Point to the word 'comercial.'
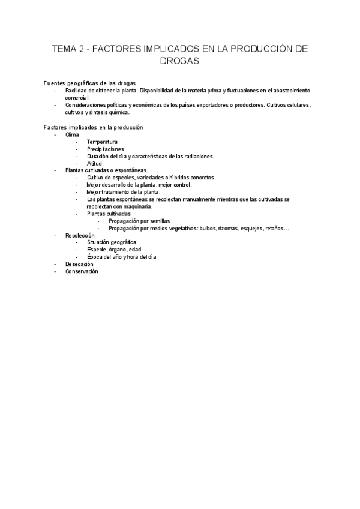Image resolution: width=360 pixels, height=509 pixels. pyautogui.click(x=77, y=97)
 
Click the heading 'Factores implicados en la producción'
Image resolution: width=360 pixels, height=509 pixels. pyautogui.click(x=93, y=127)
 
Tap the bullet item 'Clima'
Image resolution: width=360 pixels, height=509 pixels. pyautogui.click(x=72, y=134)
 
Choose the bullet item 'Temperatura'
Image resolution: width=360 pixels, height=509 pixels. pyautogui.click(x=102, y=142)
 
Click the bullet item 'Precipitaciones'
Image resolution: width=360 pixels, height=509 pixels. pyautogui.click(x=105, y=149)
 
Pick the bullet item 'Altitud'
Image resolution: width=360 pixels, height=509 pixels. pyautogui.click(x=95, y=163)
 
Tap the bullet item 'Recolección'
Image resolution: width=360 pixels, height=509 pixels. pyautogui.click(x=80, y=235)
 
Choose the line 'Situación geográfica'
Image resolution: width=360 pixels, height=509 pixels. pyautogui.click(x=112, y=242)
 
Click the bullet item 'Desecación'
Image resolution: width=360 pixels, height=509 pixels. pyautogui.click(x=79, y=264)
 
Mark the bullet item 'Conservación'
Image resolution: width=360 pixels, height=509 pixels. pyautogui.click(x=81, y=271)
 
